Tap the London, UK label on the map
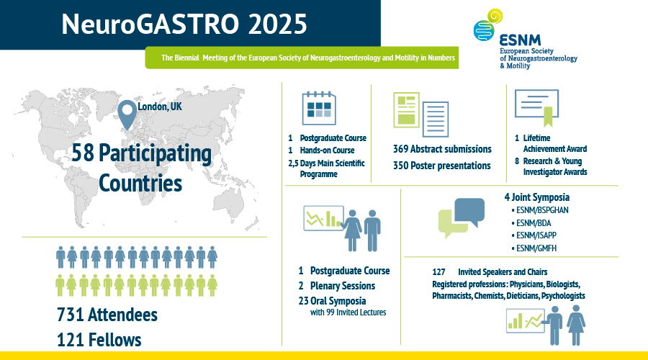pos(160,107)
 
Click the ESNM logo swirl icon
pos(487,24)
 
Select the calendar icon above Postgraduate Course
pos(319,108)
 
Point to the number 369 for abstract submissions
pos(400,149)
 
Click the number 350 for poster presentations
pos(400,166)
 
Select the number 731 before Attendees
pos(71,315)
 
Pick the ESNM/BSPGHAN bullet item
pos(540,210)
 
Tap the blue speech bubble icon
pos(469,212)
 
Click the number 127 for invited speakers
pos(438,272)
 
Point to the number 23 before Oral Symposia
pos(303,301)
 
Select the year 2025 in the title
pos(278,24)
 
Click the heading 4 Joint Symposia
pos(537,197)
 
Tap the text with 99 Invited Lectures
pos(348,312)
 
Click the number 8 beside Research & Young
pos(517,161)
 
